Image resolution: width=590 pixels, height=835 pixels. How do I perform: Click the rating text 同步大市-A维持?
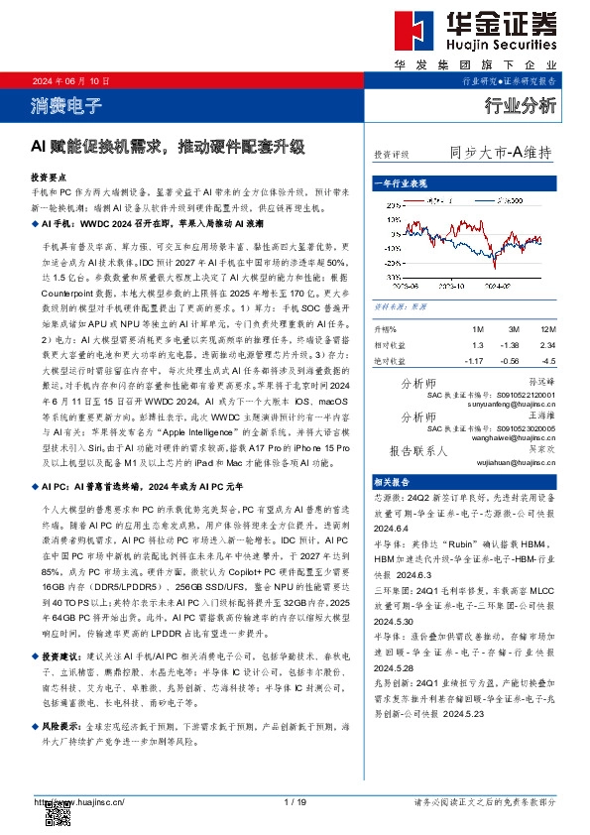coord(500,154)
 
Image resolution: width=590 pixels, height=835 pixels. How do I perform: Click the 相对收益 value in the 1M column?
coord(478,344)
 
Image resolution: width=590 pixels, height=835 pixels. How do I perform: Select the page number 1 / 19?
coord(295,801)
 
